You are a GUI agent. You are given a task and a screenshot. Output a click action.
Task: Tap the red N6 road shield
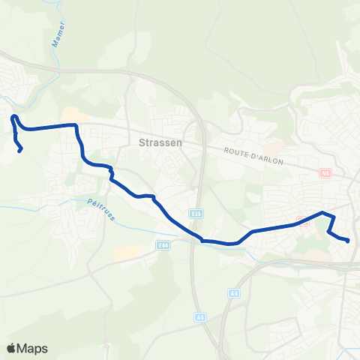(325, 173)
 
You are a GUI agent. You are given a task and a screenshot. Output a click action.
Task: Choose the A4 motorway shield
(235, 291)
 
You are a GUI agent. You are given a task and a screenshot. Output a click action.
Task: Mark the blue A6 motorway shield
(200, 317)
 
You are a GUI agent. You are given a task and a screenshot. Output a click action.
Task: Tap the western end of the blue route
(19, 149)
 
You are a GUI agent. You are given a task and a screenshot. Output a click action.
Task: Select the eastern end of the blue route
(349, 241)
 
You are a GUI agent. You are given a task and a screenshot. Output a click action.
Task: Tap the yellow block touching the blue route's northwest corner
(81, 119)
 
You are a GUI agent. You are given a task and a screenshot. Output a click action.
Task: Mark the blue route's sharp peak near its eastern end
(324, 213)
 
